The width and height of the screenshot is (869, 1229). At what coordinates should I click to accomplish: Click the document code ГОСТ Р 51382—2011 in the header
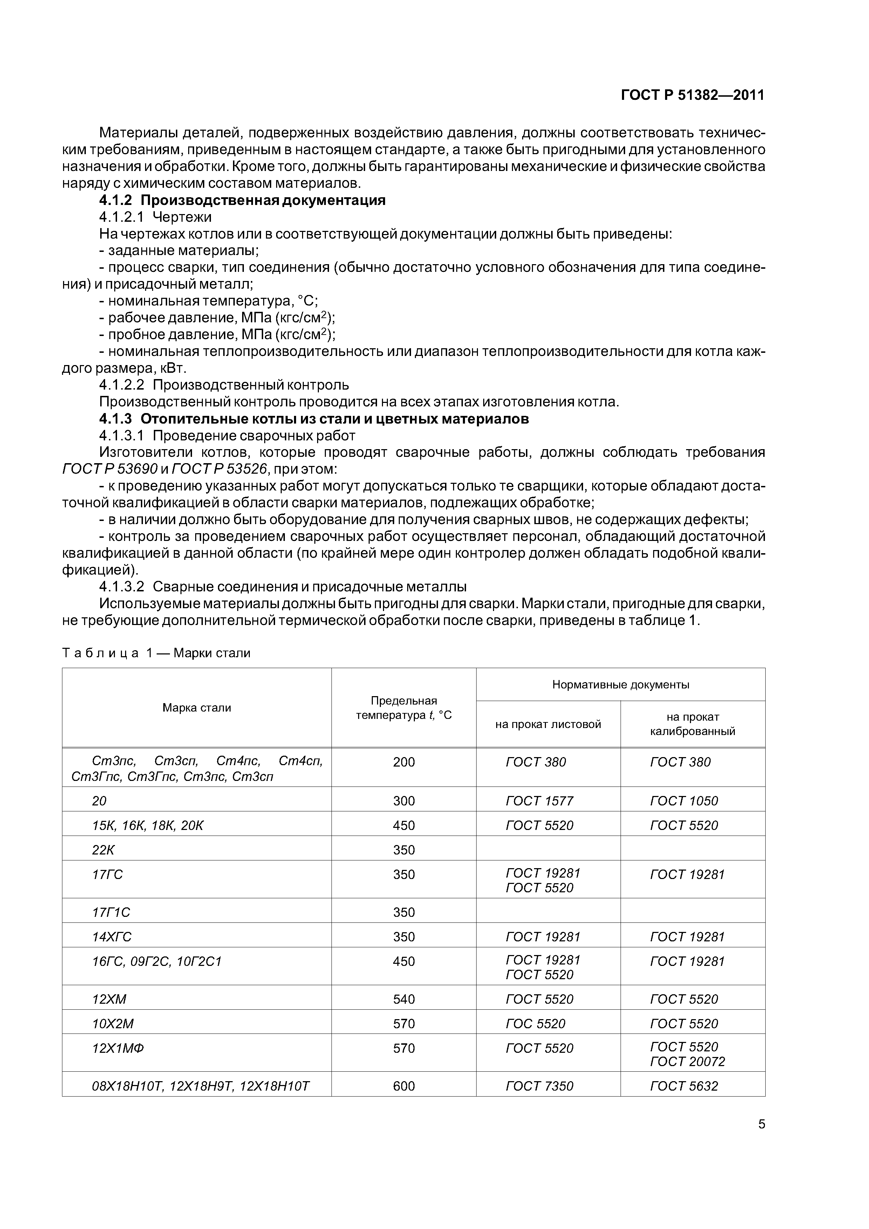[x=692, y=95]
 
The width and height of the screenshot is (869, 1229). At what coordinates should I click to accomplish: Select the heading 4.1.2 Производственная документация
[x=242, y=200]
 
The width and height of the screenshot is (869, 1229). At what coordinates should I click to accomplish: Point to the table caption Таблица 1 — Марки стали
[x=156, y=653]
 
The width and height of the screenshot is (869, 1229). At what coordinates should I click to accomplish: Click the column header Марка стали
[x=197, y=708]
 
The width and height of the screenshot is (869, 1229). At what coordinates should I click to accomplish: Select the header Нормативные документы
[x=621, y=684]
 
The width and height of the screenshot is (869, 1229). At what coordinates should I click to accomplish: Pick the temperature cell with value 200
[x=404, y=762]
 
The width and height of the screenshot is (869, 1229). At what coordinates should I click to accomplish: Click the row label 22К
[x=103, y=850]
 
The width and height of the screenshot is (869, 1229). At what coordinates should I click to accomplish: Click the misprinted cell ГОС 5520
[x=535, y=1023]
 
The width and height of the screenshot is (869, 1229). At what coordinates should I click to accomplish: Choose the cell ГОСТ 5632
[x=684, y=1086]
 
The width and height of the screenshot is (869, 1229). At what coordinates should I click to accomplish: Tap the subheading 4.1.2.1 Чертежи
[x=155, y=217]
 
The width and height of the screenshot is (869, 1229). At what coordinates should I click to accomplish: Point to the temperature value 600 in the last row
[x=404, y=1086]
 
